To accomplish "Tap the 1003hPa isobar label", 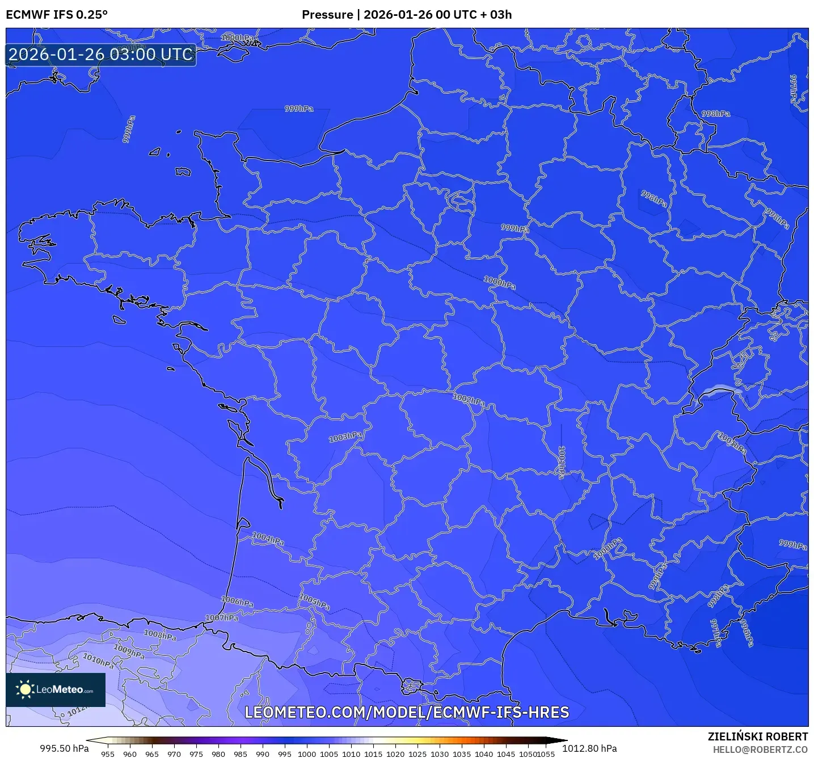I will tap(345, 437).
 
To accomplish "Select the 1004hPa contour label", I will tap(268, 539).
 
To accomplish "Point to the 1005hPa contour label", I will tap(314, 602).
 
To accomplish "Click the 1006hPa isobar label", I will tap(237, 601).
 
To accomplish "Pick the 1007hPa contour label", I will tap(222, 617).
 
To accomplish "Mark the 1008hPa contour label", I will tap(160, 635).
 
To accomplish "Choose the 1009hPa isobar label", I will tap(129, 651).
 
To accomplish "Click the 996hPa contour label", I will tap(747, 632).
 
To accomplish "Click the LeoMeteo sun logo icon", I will tap(25, 689).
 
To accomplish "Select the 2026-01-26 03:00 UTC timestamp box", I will tap(101, 55).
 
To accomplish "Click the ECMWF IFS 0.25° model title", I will tap(57, 15).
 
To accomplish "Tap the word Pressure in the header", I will tap(327, 15).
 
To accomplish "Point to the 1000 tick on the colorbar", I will tap(307, 753).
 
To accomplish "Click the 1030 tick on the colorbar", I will tap(440, 753).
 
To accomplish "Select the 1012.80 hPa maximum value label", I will tap(589, 748).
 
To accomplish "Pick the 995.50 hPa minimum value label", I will tap(64, 748).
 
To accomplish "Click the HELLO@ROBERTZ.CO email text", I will tap(760, 749).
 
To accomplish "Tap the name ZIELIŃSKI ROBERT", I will tap(758, 736).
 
